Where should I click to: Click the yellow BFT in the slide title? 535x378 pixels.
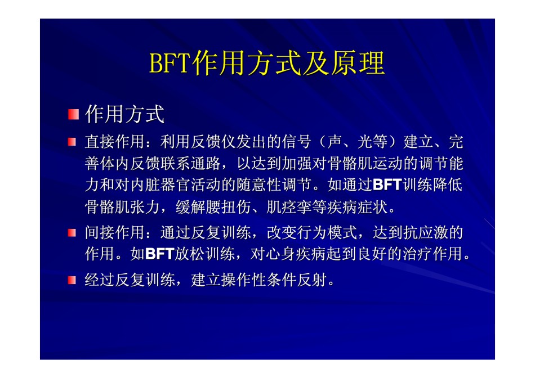click(x=170, y=63)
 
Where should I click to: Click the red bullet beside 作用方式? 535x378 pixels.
click(x=73, y=114)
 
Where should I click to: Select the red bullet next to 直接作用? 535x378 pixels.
click(x=72, y=141)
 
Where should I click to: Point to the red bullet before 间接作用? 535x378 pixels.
click(x=72, y=233)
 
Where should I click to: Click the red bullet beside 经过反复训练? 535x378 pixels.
click(x=72, y=280)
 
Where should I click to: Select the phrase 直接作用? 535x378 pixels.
click(x=115, y=141)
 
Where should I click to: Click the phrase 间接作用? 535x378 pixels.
click(x=115, y=232)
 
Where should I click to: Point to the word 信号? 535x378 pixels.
click(x=296, y=141)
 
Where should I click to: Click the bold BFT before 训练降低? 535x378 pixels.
click(x=387, y=184)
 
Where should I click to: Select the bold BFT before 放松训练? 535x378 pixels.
click(x=160, y=254)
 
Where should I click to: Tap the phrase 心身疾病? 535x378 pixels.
click(x=281, y=254)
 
